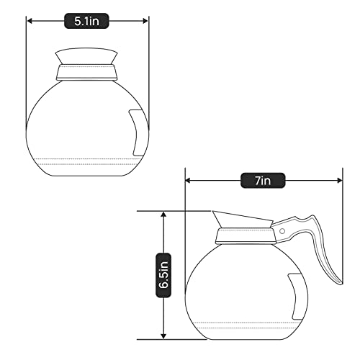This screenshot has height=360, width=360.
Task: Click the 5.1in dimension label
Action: point(87,21)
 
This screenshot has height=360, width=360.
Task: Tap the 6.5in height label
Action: point(164,274)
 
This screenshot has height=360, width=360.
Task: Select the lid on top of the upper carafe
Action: point(87,55)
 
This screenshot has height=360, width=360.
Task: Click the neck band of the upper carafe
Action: point(87,71)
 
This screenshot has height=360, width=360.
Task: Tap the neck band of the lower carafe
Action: point(246,233)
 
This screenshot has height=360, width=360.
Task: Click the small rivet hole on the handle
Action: point(282,231)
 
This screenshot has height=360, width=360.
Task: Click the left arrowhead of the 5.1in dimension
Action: point(30,21)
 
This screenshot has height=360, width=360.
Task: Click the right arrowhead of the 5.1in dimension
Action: point(146,21)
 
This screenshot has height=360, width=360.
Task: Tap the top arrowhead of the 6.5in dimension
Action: point(164,215)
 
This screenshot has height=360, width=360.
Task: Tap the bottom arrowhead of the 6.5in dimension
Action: point(164,335)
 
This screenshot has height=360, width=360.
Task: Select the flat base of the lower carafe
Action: point(246,336)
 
